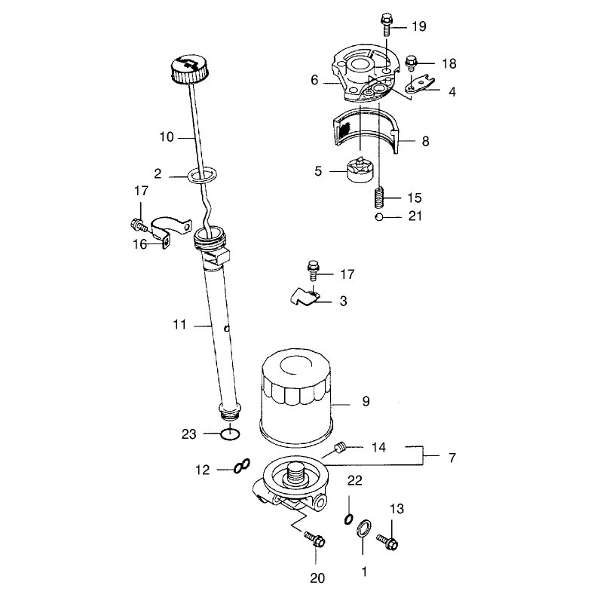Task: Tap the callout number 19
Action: coord(419,26)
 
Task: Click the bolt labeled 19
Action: coord(386,24)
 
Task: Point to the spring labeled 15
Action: coord(380,198)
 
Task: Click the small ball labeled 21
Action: coord(379,217)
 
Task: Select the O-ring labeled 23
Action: coord(230,434)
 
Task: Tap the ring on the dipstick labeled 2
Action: coord(203,175)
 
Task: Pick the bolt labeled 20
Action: coord(315,540)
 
